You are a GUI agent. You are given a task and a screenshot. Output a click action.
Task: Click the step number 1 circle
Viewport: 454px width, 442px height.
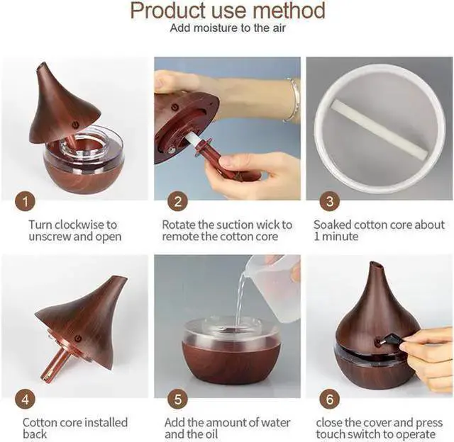26,201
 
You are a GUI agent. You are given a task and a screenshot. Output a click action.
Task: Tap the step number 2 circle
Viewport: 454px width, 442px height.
178,201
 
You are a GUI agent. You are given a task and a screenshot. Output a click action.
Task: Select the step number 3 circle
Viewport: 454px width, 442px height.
330,201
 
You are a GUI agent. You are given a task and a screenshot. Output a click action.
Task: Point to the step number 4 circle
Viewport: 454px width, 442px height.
26,399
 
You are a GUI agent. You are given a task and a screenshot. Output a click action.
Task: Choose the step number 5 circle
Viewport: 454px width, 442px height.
178,399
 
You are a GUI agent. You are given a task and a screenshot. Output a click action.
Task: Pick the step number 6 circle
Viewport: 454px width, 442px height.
330,399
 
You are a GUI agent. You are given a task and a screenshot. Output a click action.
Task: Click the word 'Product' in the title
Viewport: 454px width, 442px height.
169,11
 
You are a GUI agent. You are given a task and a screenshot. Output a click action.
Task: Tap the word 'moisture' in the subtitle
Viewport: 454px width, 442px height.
212,28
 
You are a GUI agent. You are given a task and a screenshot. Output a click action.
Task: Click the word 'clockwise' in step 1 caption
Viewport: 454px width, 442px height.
79,225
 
